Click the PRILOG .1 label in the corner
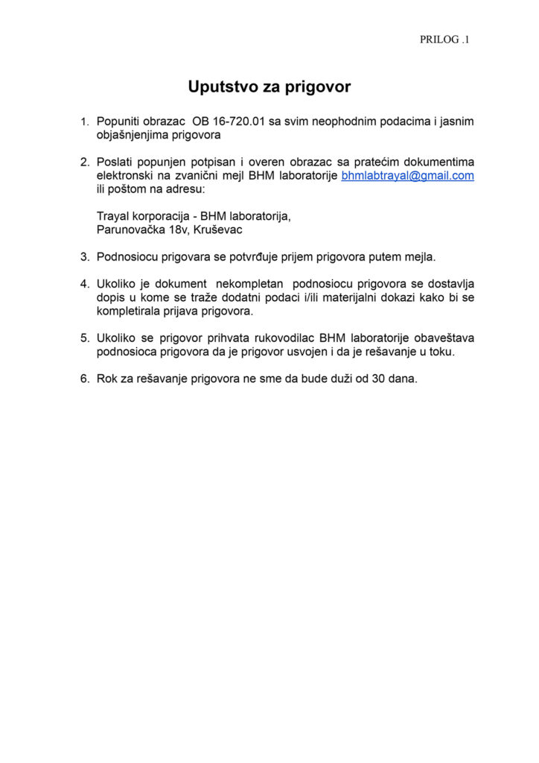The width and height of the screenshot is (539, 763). pyautogui.click(x=444, y=39)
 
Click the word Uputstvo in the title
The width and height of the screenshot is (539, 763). pyautogui.click(x=218, y=87)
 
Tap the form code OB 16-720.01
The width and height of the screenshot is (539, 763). pyautogui.click(x=229, y=121)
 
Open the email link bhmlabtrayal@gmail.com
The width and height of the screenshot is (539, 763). pyautogui.click(x=407, y=176)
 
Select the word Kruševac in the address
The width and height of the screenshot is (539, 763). pyautogui.click(x=217, y=229)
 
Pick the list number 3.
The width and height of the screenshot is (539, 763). pyautogui.click(x=84, y=257)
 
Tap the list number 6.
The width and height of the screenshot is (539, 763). pyautogui.click(x=84, y=379)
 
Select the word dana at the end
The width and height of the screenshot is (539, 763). pyautogui.click(x=405, y=379)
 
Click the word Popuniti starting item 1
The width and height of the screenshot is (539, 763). pyautogui.click(x=119, y=121)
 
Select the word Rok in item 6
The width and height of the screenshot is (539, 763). pyautogui.click(x=107, y=379)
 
